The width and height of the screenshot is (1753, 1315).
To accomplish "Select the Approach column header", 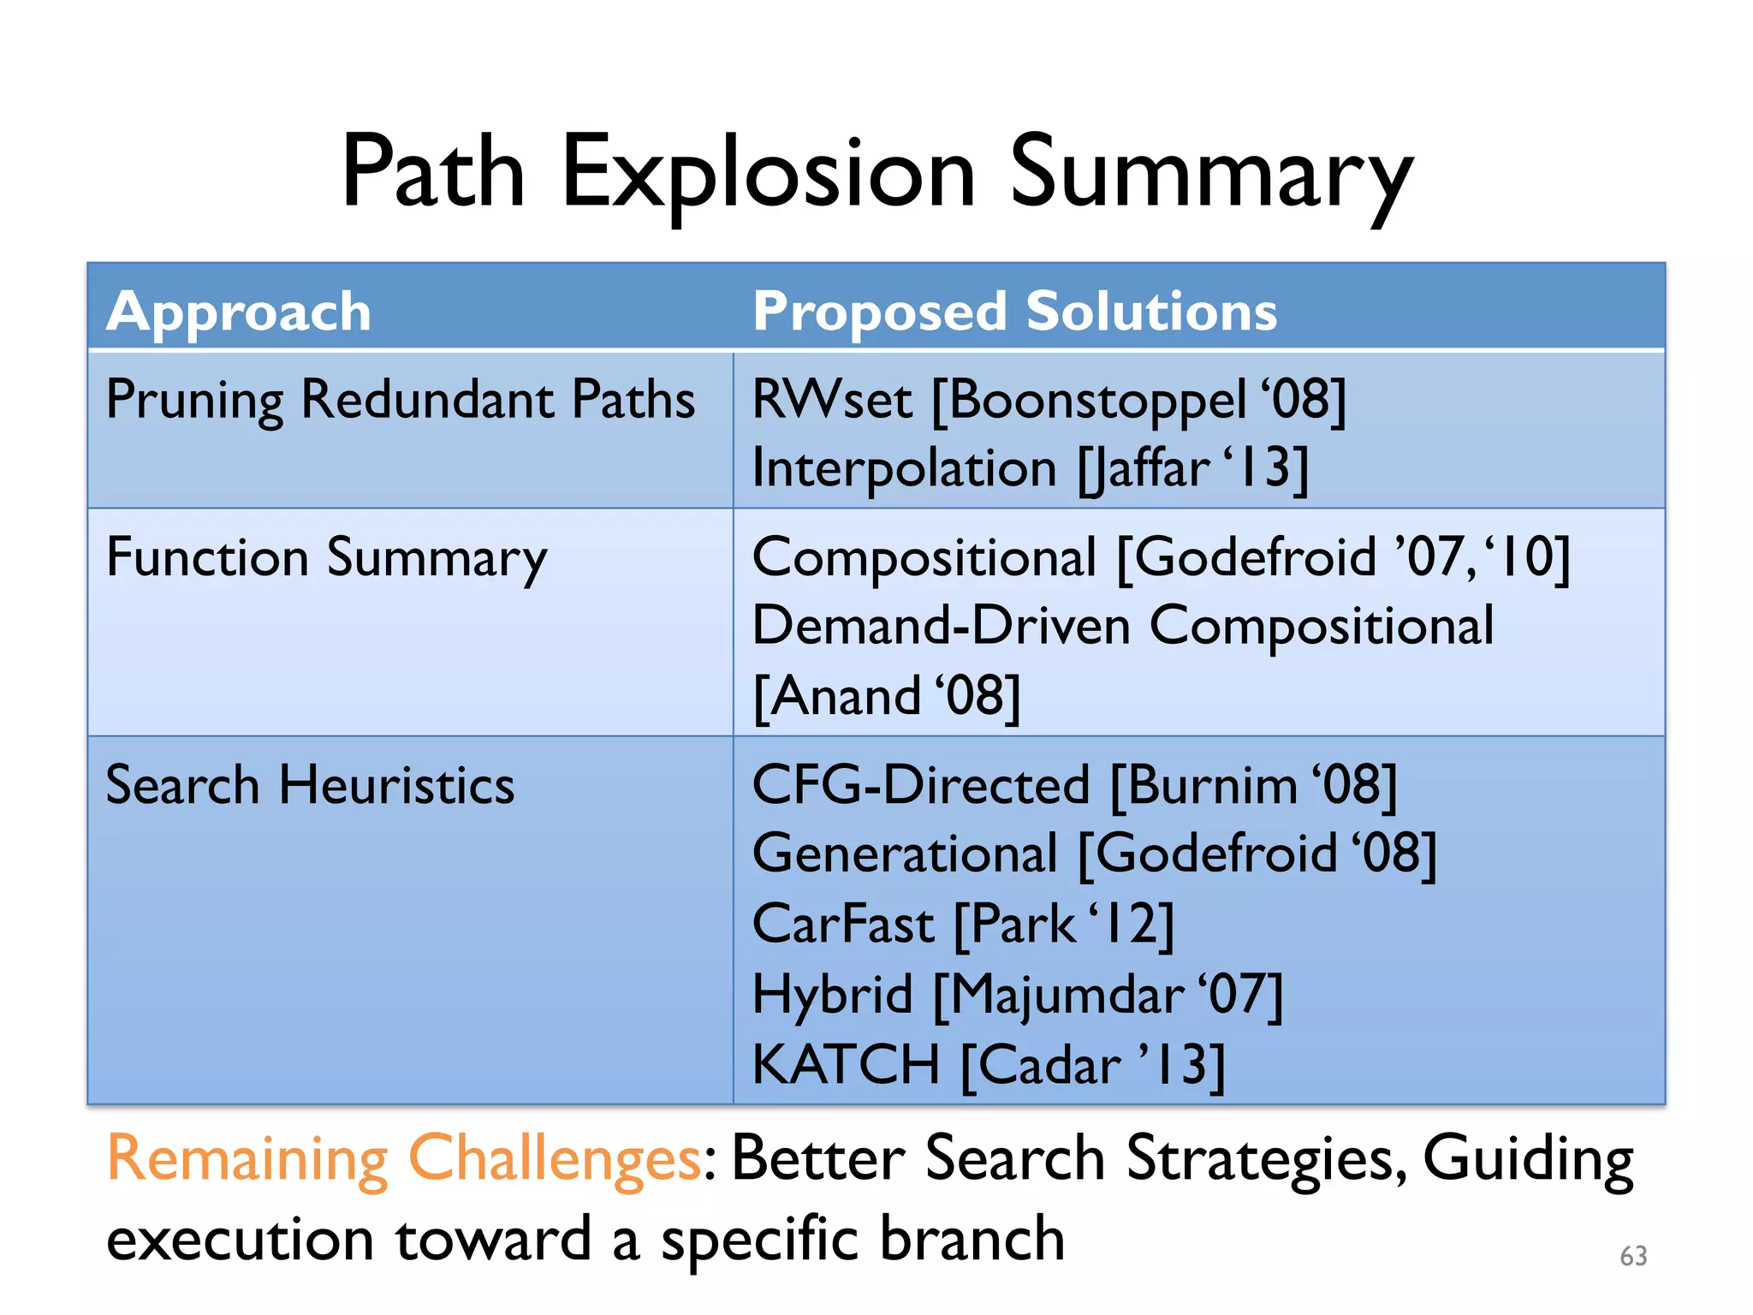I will coord(239,311).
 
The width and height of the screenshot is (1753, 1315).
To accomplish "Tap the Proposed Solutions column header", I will coord(1014,311).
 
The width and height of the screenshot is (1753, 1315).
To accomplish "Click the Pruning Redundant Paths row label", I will coord(400,400).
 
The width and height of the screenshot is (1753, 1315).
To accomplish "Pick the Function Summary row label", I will coord(326,558).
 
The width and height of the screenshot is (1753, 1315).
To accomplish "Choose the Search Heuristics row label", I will coord(310,785).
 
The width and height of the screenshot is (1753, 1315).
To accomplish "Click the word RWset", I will coord(832,400).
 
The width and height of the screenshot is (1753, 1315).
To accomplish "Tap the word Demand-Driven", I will coord(942,626).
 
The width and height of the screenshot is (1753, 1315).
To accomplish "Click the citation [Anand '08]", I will coord(887,696).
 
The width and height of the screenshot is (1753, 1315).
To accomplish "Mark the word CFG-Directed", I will coord(921,785).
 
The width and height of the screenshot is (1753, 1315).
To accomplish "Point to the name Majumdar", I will coord(1067,995).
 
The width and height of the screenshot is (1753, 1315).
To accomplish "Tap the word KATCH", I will coord(846,1065).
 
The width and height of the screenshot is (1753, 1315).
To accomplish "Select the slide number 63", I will coord(1633,1256).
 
